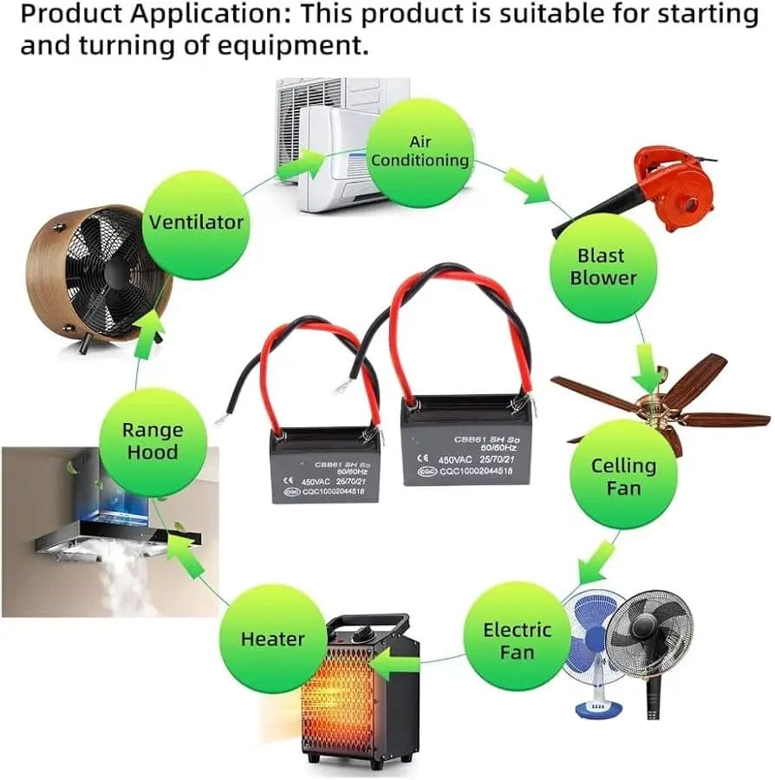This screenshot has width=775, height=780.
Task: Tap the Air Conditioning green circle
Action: coord(420,152)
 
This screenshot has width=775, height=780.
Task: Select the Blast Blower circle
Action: coord(603,267)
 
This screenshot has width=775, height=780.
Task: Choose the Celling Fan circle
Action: coord(623,476)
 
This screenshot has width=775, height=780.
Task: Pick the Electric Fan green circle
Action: coord(517,640)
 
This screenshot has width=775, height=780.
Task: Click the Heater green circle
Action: coord(272,640)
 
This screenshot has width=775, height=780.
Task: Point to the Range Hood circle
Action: coord(153,441)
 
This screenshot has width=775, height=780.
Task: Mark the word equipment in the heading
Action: coord(296,45)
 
